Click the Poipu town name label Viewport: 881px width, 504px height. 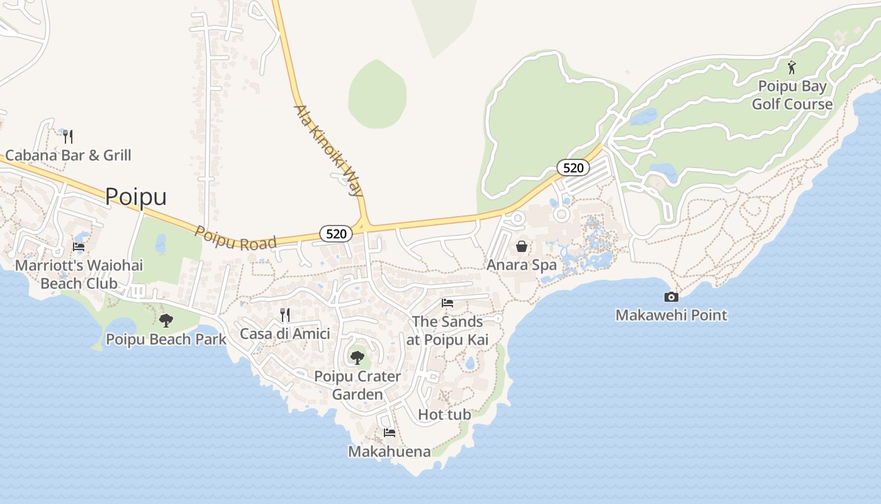click(x=135, y=197)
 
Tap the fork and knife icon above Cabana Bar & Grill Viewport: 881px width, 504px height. click(x=68, y=136)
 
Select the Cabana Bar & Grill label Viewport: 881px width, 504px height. click(x=68, y=155)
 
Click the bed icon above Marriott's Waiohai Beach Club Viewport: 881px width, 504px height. click(x=79, y=247)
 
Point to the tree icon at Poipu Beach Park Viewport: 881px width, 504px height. click(x=166, y=321)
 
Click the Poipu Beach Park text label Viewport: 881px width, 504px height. click(x=166, y=339)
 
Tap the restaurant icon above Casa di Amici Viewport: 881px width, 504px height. click(x=285, y=315)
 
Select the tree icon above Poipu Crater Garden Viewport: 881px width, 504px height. click(x=357, y=358)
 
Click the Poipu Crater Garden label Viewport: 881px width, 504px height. click(x=357, y=385)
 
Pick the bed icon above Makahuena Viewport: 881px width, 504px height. click(x=390, y=433)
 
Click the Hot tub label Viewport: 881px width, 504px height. click(x=444, y=415)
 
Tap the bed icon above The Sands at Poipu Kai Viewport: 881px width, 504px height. click(x=447, y=303)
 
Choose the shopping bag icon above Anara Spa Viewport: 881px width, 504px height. click(x=522, y=246)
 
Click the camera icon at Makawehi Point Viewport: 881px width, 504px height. click(x=671, y=297)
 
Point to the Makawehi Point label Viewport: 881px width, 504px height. click(x=671, y=315)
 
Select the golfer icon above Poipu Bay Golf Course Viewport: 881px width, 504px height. click(x=792, y=67)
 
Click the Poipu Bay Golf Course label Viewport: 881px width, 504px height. click(x=792, y=95)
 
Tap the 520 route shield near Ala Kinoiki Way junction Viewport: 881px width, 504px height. click(x=336, y=234)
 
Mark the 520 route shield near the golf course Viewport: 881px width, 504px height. click(x=573, y=168)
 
